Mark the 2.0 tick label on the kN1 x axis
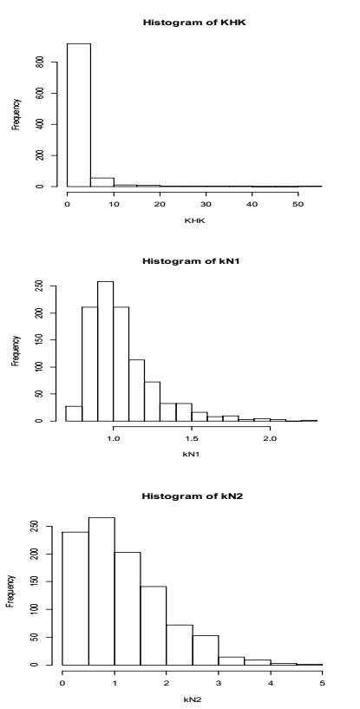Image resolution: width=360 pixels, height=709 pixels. coord(270,439)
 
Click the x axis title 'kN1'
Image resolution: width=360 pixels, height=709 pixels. coord(193,457)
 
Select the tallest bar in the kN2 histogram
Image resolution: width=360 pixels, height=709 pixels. coord(101,591)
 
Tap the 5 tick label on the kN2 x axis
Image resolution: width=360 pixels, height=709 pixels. coord(322,681)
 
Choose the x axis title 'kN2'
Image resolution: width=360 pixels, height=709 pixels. coord(193,699)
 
